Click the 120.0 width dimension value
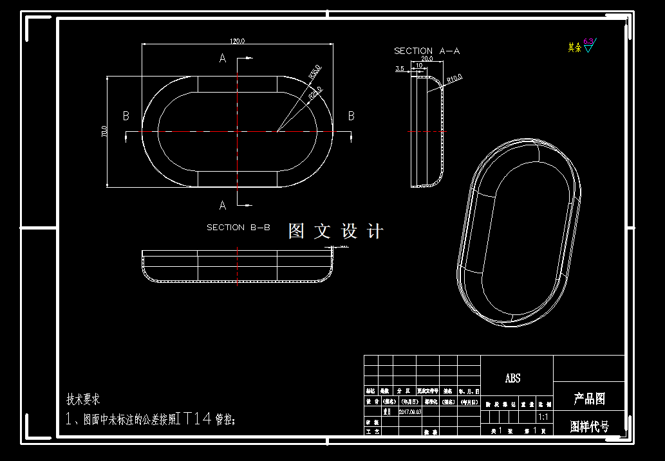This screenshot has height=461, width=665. pyautogui.click(x=237, y=41)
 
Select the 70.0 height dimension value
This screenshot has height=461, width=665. pyautogui.click(x=104, y=132)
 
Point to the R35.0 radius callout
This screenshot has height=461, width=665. pyautogui.click(x=315, y=71)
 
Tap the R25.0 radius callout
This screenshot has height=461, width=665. pyautogui.click(x=315, y=93)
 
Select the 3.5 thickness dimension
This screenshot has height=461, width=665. pyautogui.click(x=399, y=68)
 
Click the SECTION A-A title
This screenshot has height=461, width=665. pyautogui.click(x=427, y=50)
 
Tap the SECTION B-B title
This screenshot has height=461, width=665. pyautogui.click(x=238, y=227)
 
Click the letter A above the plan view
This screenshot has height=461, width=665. pyautogui.click(x=223, y=59)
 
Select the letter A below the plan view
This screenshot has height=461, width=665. pyautogui.click(x=223, y=206)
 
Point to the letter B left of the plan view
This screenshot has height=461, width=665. pyautogui.click(x=126, y=116)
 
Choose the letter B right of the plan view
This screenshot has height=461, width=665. pyautogui.click(x=351, y=116)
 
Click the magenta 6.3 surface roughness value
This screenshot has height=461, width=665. pyautogui.click(x=588, y=41)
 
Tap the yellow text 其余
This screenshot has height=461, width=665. pyautogui.click(x=574, y=47)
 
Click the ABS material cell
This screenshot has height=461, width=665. pyautogui.click(x=513, y=379)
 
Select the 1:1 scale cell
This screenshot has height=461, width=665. pyautogui.click(x=543, y=417)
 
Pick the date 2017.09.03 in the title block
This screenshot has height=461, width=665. pyautogui.click(x=410, y=411)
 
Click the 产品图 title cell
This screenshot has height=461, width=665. pyautogui.click(x=589, y=399)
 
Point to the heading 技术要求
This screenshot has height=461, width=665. pyautogui.click(x=83, y=399)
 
